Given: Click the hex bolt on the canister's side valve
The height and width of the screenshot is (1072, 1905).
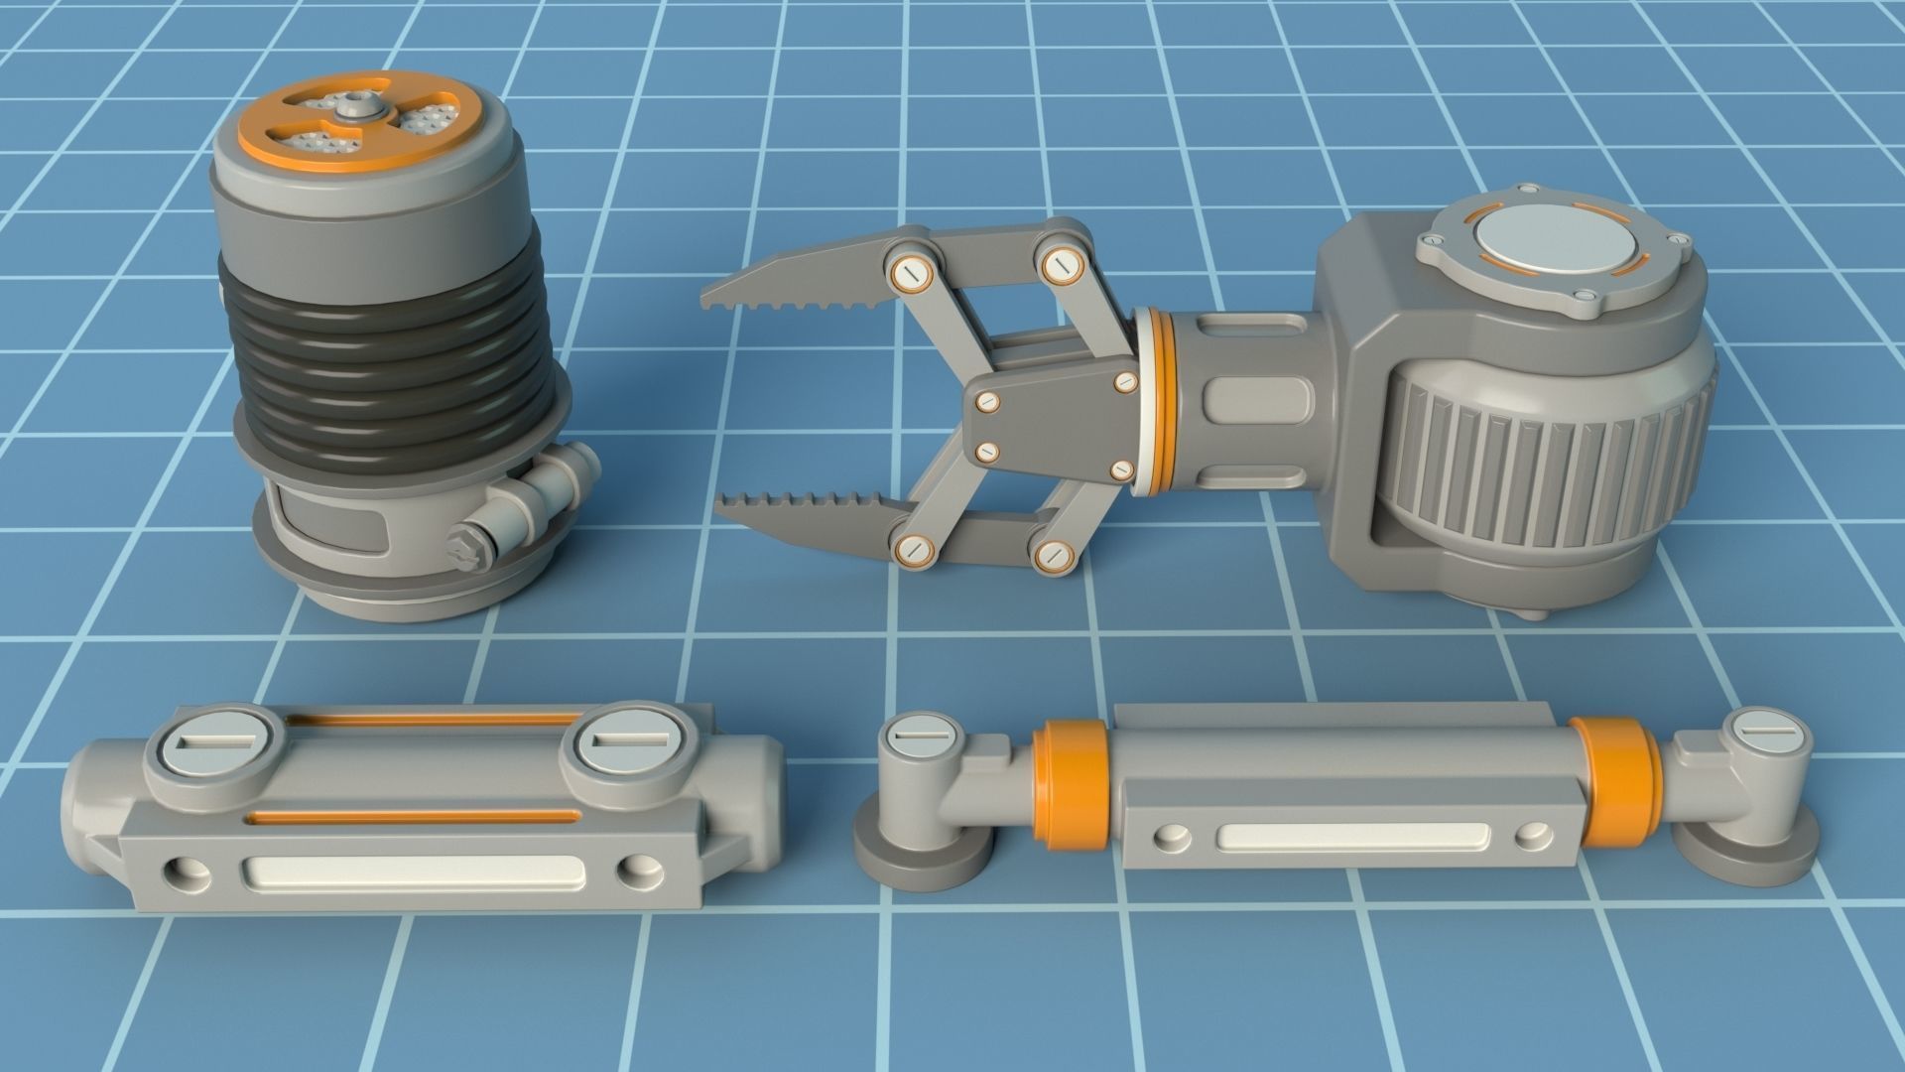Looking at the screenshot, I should click(464, 546).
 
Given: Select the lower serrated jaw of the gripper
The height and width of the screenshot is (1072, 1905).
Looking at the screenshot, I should click(804, 515).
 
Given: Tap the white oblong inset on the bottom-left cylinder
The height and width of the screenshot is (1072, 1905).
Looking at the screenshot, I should click(416, 872).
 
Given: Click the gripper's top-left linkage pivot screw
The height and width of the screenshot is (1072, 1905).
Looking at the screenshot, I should click(909, 274).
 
